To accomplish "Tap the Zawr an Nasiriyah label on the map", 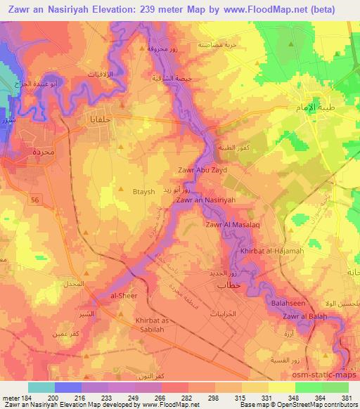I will [205, 200].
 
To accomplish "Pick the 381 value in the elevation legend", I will [347, 397].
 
